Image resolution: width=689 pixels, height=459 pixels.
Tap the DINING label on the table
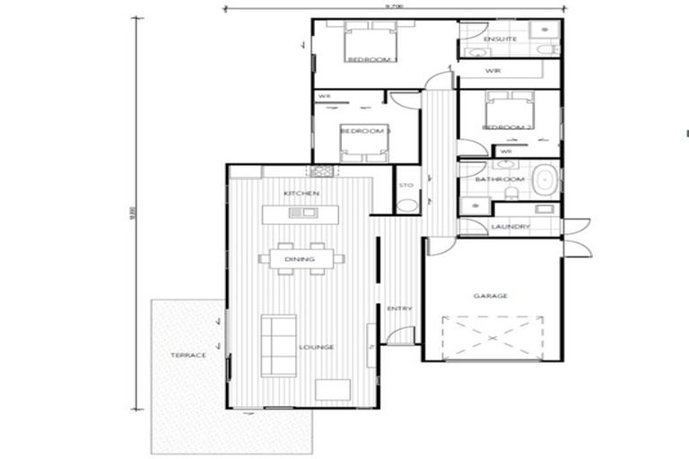click(301, 259)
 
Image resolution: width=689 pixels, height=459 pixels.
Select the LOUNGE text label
click(318, 347)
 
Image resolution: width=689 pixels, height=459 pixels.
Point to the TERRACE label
click(188, 355)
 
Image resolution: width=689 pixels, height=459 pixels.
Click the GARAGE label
click(491, 295)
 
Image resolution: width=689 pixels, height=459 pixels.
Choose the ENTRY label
click(399, 308)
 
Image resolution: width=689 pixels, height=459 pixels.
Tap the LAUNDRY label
click(510, 227)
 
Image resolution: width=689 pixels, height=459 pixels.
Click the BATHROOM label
click(499, 179)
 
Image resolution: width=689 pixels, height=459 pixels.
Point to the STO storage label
click(406, 185)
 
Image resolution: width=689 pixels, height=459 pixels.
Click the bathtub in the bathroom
click(545, 179)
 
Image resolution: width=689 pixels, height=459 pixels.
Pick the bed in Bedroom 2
click(508, 112)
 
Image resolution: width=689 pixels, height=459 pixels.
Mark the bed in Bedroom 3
click(364, 142)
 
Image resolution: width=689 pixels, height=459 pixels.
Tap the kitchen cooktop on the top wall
click(321, 170)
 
